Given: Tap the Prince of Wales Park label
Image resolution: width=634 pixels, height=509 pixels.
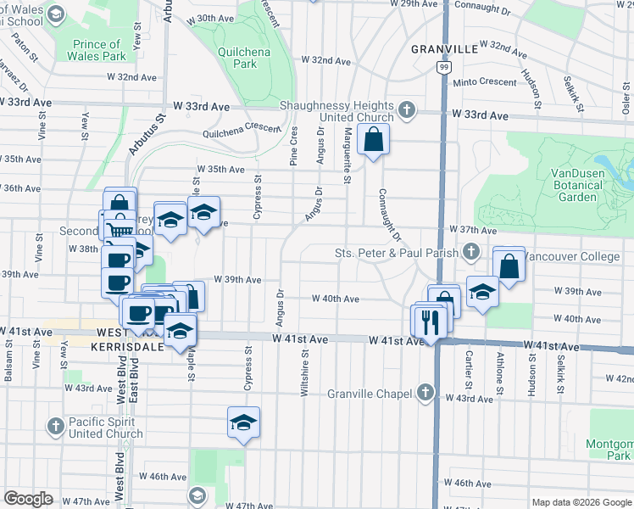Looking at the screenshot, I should [96, 50].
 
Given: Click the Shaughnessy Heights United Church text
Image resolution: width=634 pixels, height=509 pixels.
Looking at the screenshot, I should [337, 112].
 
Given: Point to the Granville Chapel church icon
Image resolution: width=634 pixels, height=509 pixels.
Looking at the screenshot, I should [425, 393].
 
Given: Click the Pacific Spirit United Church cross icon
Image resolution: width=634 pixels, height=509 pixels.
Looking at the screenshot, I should [56, 425].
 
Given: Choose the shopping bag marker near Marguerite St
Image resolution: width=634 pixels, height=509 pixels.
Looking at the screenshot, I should [373, 138].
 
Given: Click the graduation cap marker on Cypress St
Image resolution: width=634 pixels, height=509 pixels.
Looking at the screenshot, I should [243, 422].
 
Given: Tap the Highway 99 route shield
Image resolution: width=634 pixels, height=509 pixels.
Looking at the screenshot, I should [443, 66].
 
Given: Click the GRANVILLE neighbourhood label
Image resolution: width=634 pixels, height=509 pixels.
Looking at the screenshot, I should [445, 49].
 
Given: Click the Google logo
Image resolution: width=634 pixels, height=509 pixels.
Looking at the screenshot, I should [29, 499].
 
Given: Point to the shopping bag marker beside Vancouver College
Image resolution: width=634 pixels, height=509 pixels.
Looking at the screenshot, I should [509, 266].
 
